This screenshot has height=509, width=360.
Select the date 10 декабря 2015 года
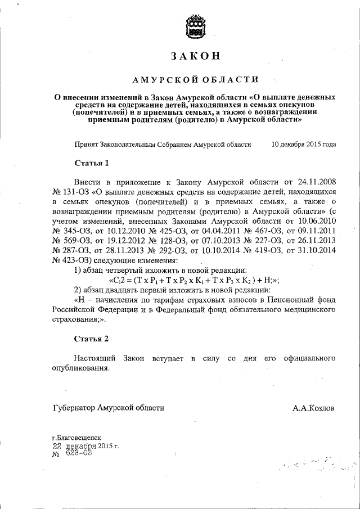pyautogui.click(x=304, y=144)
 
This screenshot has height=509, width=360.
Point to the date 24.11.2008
pyautogui.click(x=314, y=182)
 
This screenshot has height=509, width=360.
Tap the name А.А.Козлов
pyautogui.click(x=313, y=408)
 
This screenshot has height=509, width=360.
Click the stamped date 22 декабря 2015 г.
pyautogui.click(x=84, y=446)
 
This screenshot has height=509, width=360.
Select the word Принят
pyautogui.click(x=86, y=144)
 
